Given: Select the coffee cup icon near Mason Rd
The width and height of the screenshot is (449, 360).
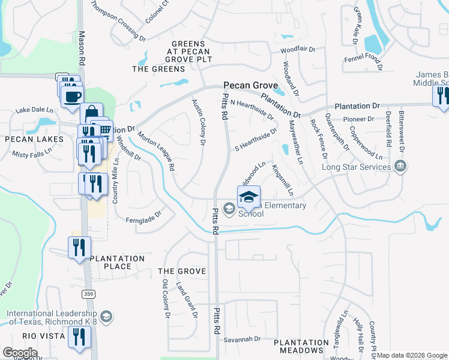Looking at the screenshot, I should [x=73, y=96].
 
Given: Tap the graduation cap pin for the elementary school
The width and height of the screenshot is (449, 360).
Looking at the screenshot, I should [x=250, y=196].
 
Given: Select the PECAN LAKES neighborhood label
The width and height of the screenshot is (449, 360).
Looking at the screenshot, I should [x=34, y=139].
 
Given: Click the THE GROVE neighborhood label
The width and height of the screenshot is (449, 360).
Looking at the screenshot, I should [x=181, y=271].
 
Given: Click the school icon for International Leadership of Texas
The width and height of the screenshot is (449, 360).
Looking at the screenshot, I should [x=106, y=316].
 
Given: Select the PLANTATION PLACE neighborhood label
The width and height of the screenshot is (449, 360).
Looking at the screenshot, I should [x=118, y=262].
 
